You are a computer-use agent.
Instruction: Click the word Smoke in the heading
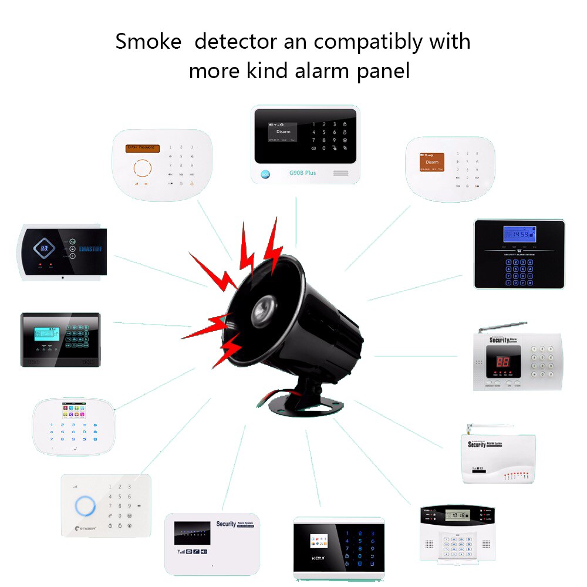click(x=148, y=42)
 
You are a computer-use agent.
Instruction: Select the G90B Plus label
click(x=302, y=173)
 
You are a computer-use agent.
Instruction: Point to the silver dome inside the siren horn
click(x=265, y=305)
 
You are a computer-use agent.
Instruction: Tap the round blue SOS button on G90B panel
click(x=265, y=174)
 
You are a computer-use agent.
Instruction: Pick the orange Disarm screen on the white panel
click(x=431, y=162)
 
